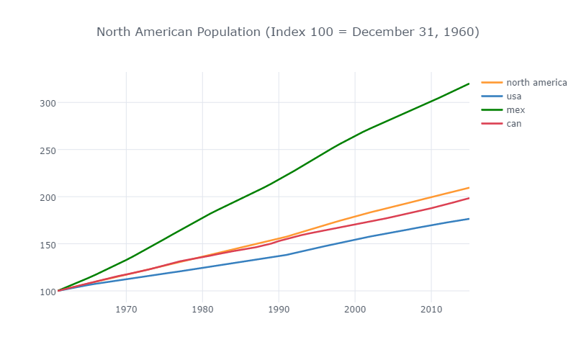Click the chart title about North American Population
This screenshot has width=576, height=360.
click(x=287, y=32)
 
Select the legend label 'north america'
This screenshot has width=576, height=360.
click(x=536, y=82)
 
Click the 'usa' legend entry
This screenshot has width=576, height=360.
click(x=514, y=96)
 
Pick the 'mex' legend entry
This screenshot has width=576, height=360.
click(x=516, y=109)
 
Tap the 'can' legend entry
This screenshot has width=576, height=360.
click(x=513, y=123)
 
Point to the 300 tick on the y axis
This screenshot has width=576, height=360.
click(x=48, y=103)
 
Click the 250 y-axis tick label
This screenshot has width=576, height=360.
click(x=48, y=150)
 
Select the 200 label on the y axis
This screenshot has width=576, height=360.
click(x=48, y=197)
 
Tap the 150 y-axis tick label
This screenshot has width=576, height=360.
click(x=48, y=244)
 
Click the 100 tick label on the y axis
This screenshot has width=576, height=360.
click(x=48, y=292)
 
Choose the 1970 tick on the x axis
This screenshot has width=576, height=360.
click(x=126, y=310)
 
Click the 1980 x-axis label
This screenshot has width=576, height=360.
click(x=202, y=310)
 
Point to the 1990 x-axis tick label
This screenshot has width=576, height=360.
click(x=279, y=310)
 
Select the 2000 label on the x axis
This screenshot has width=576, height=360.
click(x=355, y=310)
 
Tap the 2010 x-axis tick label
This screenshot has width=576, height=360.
click(x=431, y=310)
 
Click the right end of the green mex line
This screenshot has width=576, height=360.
click(x=469, y=84)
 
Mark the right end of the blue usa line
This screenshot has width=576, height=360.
click(x=469, y=219)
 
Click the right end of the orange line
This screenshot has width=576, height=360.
click(x=469, y=187)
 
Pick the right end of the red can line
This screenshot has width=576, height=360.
click(x=469, y=198)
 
